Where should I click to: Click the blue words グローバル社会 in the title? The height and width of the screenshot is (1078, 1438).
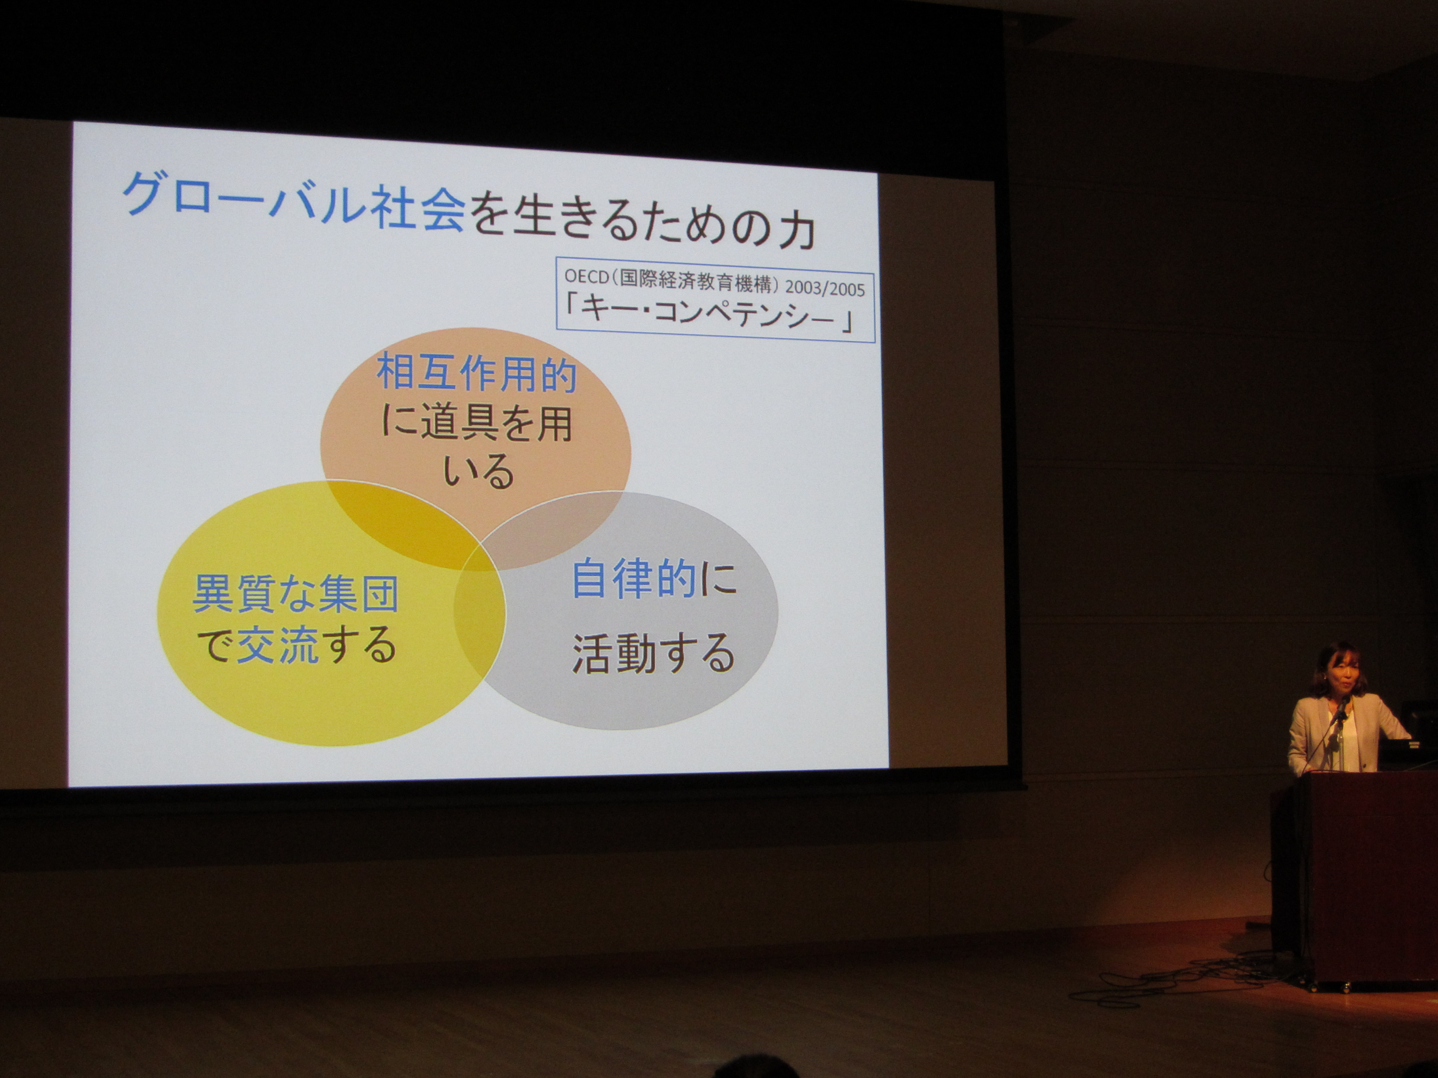[x=294, y=200]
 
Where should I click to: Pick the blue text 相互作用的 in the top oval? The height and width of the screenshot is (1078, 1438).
[x=476, y=373]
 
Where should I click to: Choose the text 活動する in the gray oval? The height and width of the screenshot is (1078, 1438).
[x=653, y=653]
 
